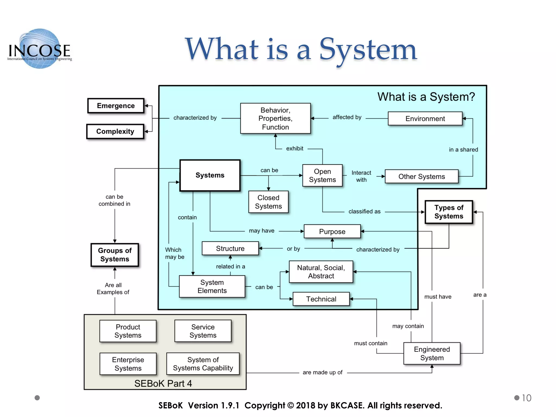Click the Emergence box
(116, 106)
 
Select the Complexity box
(115, 131)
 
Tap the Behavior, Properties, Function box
(275, 118)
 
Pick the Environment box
(425, 119)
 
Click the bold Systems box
(210, 175)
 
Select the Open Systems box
(322, 176)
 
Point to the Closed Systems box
(268, 202)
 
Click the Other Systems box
(422, 176)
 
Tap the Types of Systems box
(448, 212)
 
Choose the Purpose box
(332, 232)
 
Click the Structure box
(230, 248)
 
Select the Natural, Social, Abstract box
(321, 272)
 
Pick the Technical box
(321, 299)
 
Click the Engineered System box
(432, 353)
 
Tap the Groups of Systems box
(115, 255)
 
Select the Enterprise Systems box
(128, 364)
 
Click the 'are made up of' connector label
(323, 372)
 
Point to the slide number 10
(526, 398)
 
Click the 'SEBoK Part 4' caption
(163, 383)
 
